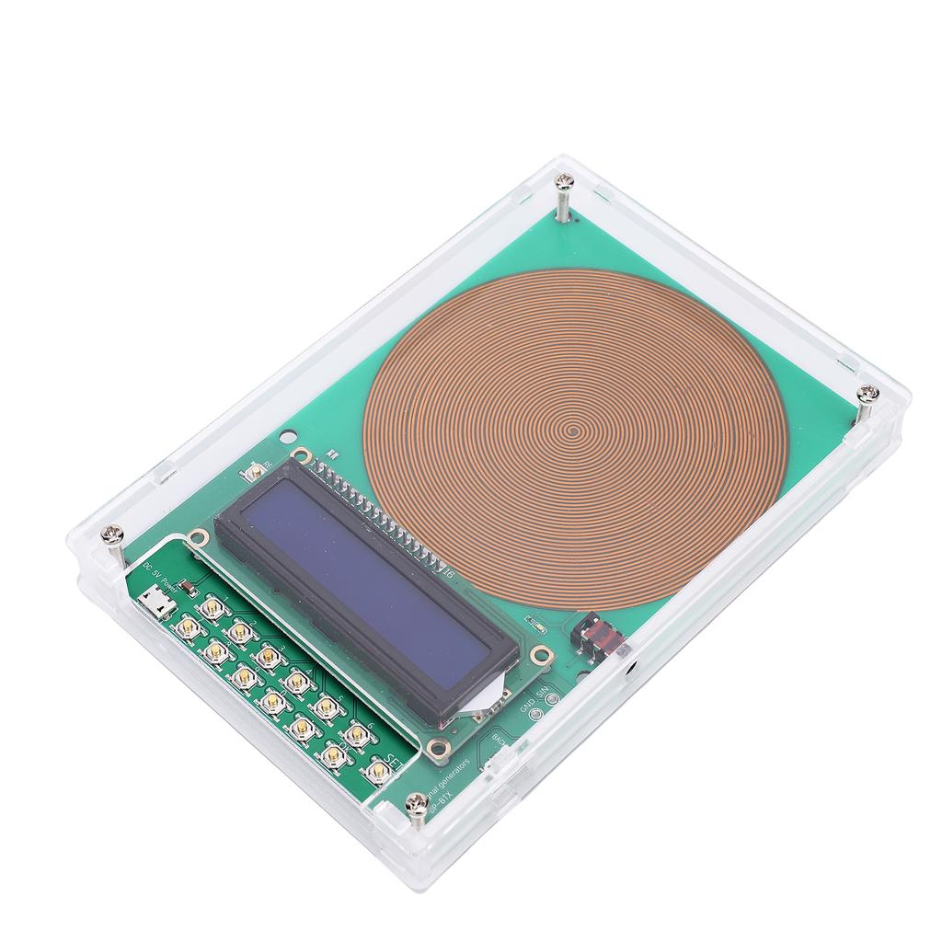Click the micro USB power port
pyautogui.click(x=155, y=605)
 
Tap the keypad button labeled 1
pyautogui.click(x=213, y=607)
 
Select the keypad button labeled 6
pyautogui.click(x=357, y=732)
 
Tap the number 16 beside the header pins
pyautogui.click(x=449, y=576)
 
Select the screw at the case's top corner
pyautogui.click(x=563, y=190)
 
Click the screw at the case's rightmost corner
pyautogui.click(x=867, y=395)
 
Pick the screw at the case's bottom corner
pyautogui.click(x=417, y=802)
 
